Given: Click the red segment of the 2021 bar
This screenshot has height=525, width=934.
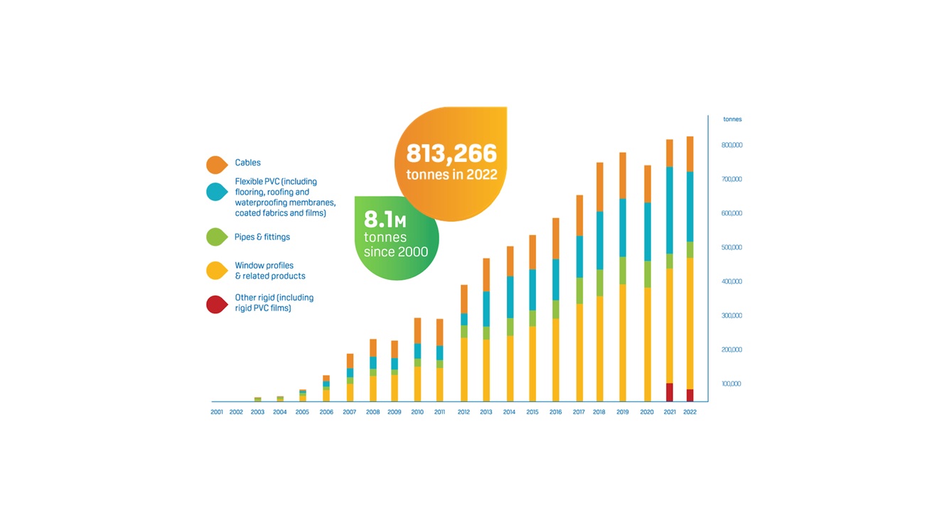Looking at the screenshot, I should click(670, 393).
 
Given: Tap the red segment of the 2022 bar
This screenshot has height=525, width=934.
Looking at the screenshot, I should click(689, 396).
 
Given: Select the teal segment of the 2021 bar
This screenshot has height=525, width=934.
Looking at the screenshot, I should click(670, 210).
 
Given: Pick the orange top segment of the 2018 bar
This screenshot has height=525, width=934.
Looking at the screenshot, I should click(600, 187).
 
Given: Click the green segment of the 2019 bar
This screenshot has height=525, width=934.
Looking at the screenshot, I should click(623, 271).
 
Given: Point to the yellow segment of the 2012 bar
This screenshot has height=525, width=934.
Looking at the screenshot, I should click(464, 369).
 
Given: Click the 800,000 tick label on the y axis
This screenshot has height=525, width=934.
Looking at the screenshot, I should click(732, 145).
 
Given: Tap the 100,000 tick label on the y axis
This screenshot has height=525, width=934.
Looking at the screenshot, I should click(732, 384).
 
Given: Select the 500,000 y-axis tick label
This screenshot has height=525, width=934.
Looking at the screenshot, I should click(732, 247).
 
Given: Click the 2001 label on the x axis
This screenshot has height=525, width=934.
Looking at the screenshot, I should click(217, 412).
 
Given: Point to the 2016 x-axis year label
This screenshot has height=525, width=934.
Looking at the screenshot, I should click(556, 412).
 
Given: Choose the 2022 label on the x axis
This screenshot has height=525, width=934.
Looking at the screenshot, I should click(689, 412).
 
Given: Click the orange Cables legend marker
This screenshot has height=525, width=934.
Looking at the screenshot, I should click(216, 164).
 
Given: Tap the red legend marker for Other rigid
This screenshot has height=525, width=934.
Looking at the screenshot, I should click(216, 304).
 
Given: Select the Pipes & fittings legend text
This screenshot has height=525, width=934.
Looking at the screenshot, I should click(262, 237).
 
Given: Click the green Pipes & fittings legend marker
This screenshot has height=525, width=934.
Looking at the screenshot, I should click(216, 237).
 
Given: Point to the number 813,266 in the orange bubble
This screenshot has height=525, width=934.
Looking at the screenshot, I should click(451, 153).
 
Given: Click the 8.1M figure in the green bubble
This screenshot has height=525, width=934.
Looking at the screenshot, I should click(385, 221).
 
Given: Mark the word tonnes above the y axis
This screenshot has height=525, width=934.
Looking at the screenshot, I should click(732, 119).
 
